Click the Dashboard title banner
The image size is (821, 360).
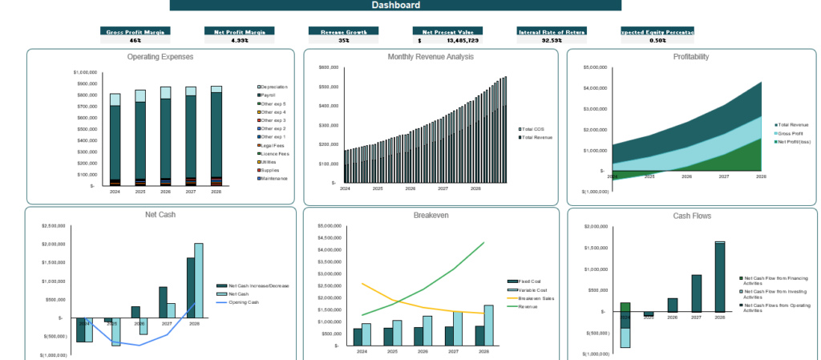tap(395, 6)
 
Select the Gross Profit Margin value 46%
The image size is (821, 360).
tap(135, 39)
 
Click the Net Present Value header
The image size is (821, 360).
tap(447, 31)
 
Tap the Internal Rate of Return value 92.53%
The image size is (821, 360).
tap(551, 39)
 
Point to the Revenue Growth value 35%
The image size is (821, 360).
tap(343, 39)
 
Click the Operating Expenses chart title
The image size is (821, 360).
tap(160, 57)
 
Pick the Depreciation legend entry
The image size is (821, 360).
tap(273, 87)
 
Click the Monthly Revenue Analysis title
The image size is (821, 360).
tap(430, 57)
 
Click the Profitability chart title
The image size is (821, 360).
tap(690, 57)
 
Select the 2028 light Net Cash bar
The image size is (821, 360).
tap(199, 281)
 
